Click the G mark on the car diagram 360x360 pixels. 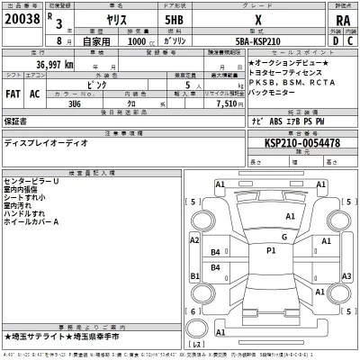283,236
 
